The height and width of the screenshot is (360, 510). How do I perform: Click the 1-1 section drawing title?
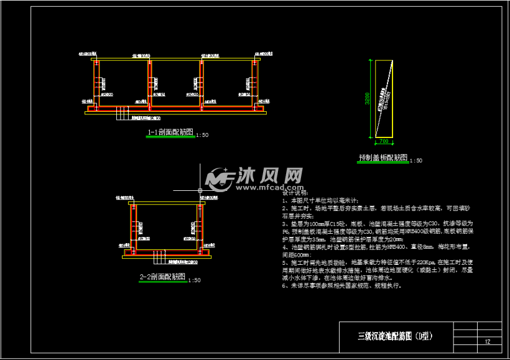pyautogui.click(x=169, y=132)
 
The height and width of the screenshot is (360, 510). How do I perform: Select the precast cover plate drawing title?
pyautogui.click(x=382, y=157)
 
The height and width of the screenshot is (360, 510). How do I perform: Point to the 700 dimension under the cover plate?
pyautogui.click(x=383, y=141)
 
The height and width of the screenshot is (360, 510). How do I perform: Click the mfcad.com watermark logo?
pyautogui.click(x=254, y=178)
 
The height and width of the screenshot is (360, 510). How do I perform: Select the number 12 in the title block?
pyautogui.click(x=488, y=341)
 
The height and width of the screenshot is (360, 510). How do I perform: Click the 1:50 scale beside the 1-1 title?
pyautogui.click(x=202, y=135)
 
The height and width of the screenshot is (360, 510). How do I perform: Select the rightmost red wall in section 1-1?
pyautogui.click(x=254, y=84)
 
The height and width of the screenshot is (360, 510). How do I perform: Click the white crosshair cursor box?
pyautogui.click(x=200, y=190)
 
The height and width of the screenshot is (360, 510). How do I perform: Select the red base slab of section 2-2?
pyautogui.click(x=168, y=254)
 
